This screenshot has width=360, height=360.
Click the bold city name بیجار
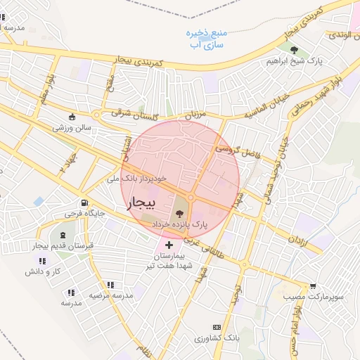139,204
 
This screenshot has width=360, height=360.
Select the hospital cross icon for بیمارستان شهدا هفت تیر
169,245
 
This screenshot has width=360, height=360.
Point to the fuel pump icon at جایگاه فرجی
84,202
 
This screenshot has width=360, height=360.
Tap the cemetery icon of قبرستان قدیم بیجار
64,235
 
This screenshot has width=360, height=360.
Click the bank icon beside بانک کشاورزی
216,327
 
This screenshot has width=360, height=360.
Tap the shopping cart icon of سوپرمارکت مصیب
312,286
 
